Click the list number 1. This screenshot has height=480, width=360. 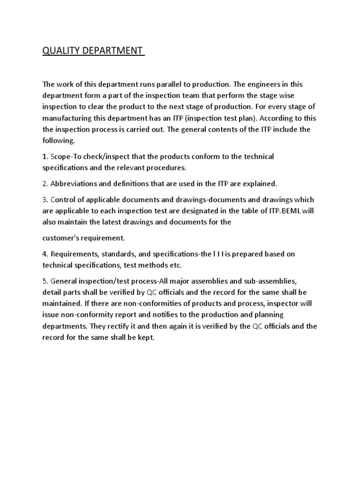tap(45, 156)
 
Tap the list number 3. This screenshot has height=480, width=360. tap(45, 200)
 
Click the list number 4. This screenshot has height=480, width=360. tap(45, 254)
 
